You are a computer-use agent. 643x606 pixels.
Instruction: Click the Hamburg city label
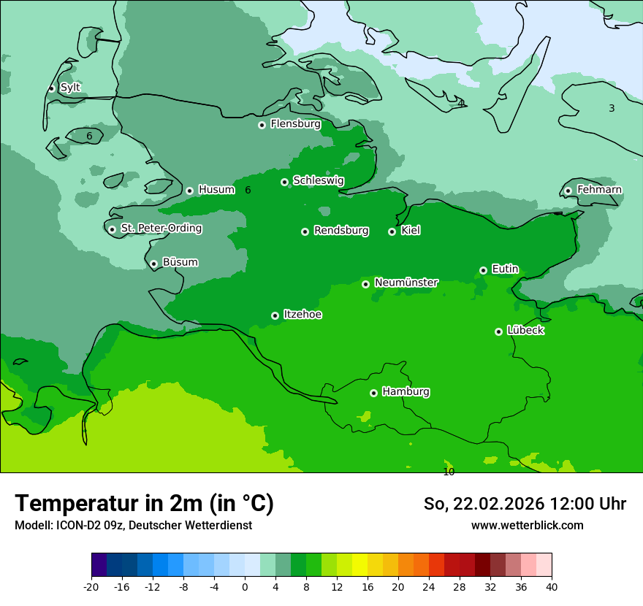[406, 391]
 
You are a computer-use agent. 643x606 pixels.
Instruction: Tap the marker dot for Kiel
[392, 231]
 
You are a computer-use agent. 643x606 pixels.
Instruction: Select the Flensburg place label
[295, 124]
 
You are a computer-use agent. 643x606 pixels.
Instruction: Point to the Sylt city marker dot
[51, 88]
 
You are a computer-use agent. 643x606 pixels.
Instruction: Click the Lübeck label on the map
[525, 330]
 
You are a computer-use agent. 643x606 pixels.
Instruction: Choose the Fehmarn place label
[599, 190]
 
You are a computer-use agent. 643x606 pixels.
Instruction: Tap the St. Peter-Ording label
[161, 229]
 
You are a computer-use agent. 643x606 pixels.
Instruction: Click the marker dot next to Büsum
[153, 264]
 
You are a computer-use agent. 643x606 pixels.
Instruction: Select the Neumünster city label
[406, 283]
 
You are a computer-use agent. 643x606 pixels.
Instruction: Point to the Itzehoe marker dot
[275, 315]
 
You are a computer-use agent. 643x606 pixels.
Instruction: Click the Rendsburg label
[341, 231]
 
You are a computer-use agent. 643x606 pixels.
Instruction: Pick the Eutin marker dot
[483, 270]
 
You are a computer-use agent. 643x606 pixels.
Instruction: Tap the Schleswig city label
[318, 180]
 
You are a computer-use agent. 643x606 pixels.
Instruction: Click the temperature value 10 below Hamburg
[449, 472]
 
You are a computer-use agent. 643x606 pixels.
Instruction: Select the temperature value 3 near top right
[612, 108]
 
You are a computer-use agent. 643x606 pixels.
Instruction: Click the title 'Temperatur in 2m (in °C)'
[144, 503]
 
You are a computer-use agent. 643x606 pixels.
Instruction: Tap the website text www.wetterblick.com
[527, 525]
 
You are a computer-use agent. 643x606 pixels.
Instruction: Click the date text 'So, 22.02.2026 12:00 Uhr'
[525, 504]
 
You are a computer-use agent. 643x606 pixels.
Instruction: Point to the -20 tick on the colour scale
[91, 586]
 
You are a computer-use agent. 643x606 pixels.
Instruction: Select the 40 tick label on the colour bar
[552, 586]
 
